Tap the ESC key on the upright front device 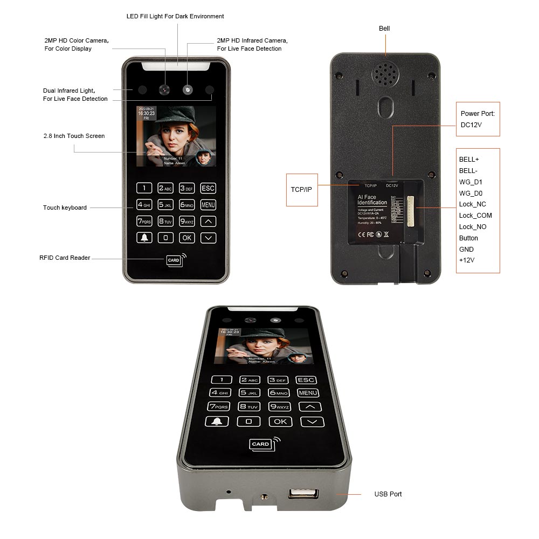[208, 188]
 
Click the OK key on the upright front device [186, 237]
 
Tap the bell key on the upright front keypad [144, 237]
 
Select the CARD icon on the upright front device [174, 260]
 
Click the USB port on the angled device [303, 494]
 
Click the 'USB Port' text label [388, 494]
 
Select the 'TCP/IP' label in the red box [301, 189]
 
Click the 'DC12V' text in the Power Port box [471, 125]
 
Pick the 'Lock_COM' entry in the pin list [475, 216]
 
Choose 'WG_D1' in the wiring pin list [471, 182]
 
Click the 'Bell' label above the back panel [384, 29]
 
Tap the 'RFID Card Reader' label [65, 258]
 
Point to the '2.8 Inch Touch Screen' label [74, 136]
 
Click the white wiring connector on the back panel [412, 207]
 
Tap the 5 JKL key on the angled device [249, 393]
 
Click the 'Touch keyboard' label [65, 208]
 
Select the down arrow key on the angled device [312, 422]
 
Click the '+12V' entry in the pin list [467, 260]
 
